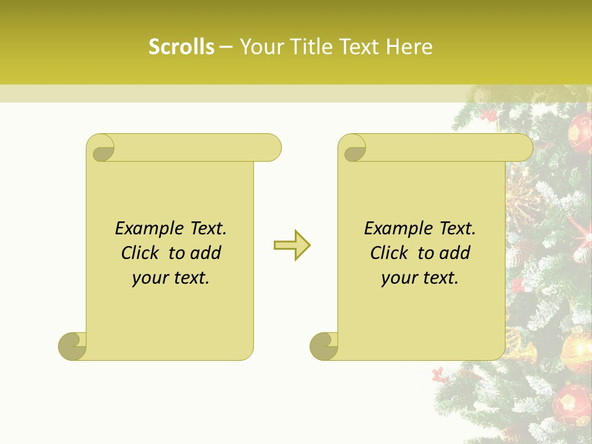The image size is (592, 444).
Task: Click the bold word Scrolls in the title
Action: pos(181,47)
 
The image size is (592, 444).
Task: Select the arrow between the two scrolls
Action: pos(292,245)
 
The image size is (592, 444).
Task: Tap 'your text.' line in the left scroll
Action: pos(171,278)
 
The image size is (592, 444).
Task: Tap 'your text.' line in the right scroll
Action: pos(420,278)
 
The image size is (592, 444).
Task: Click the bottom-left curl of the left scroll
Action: pos(72,346)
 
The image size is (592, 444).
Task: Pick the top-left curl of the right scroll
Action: pos(354,149)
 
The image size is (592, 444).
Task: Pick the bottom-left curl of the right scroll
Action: pos(323,346)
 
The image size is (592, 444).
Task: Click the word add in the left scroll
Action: pos(206,253)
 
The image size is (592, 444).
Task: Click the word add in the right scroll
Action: pos(456,253)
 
